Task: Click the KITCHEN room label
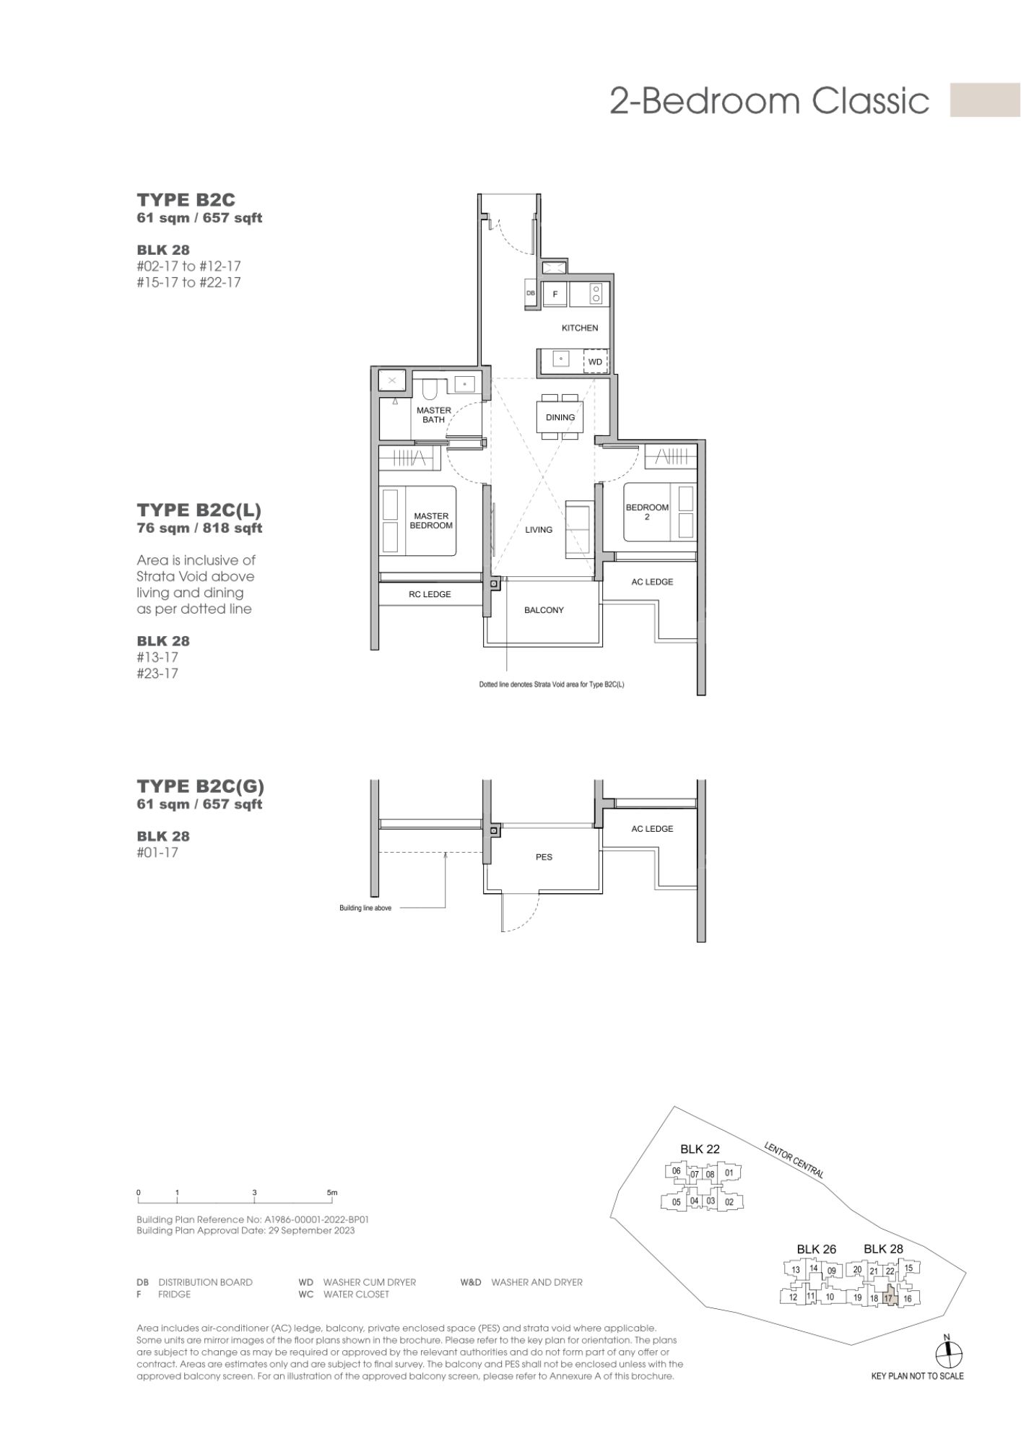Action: (x=580, y=328)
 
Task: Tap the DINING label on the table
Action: (x=560, y=417)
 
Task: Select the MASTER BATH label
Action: (x=434, y=415)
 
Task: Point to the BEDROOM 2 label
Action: (x=647, y=512)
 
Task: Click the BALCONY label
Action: (x=544, y=610)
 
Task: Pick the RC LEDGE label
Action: (x=430, y=594)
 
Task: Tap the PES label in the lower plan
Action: (x=544, y=857)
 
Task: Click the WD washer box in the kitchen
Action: (x=595, y=361)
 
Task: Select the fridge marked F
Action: (x=555, y=294)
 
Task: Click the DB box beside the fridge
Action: (x=531, y=294)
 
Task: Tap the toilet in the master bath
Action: (x=429, y=389)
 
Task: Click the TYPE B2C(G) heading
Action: (x=201, y=786)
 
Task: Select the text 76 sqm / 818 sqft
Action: (x=199, y=528)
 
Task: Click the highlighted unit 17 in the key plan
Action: (x=888, y=1297)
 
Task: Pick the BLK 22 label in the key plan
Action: (x=700, y=1149)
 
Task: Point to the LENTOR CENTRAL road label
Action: (x=794, y=1160)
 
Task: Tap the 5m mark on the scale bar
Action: (x=331, y=1193)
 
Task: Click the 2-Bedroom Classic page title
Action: (x=769, y=100)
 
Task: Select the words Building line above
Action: (x=365, y=908)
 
